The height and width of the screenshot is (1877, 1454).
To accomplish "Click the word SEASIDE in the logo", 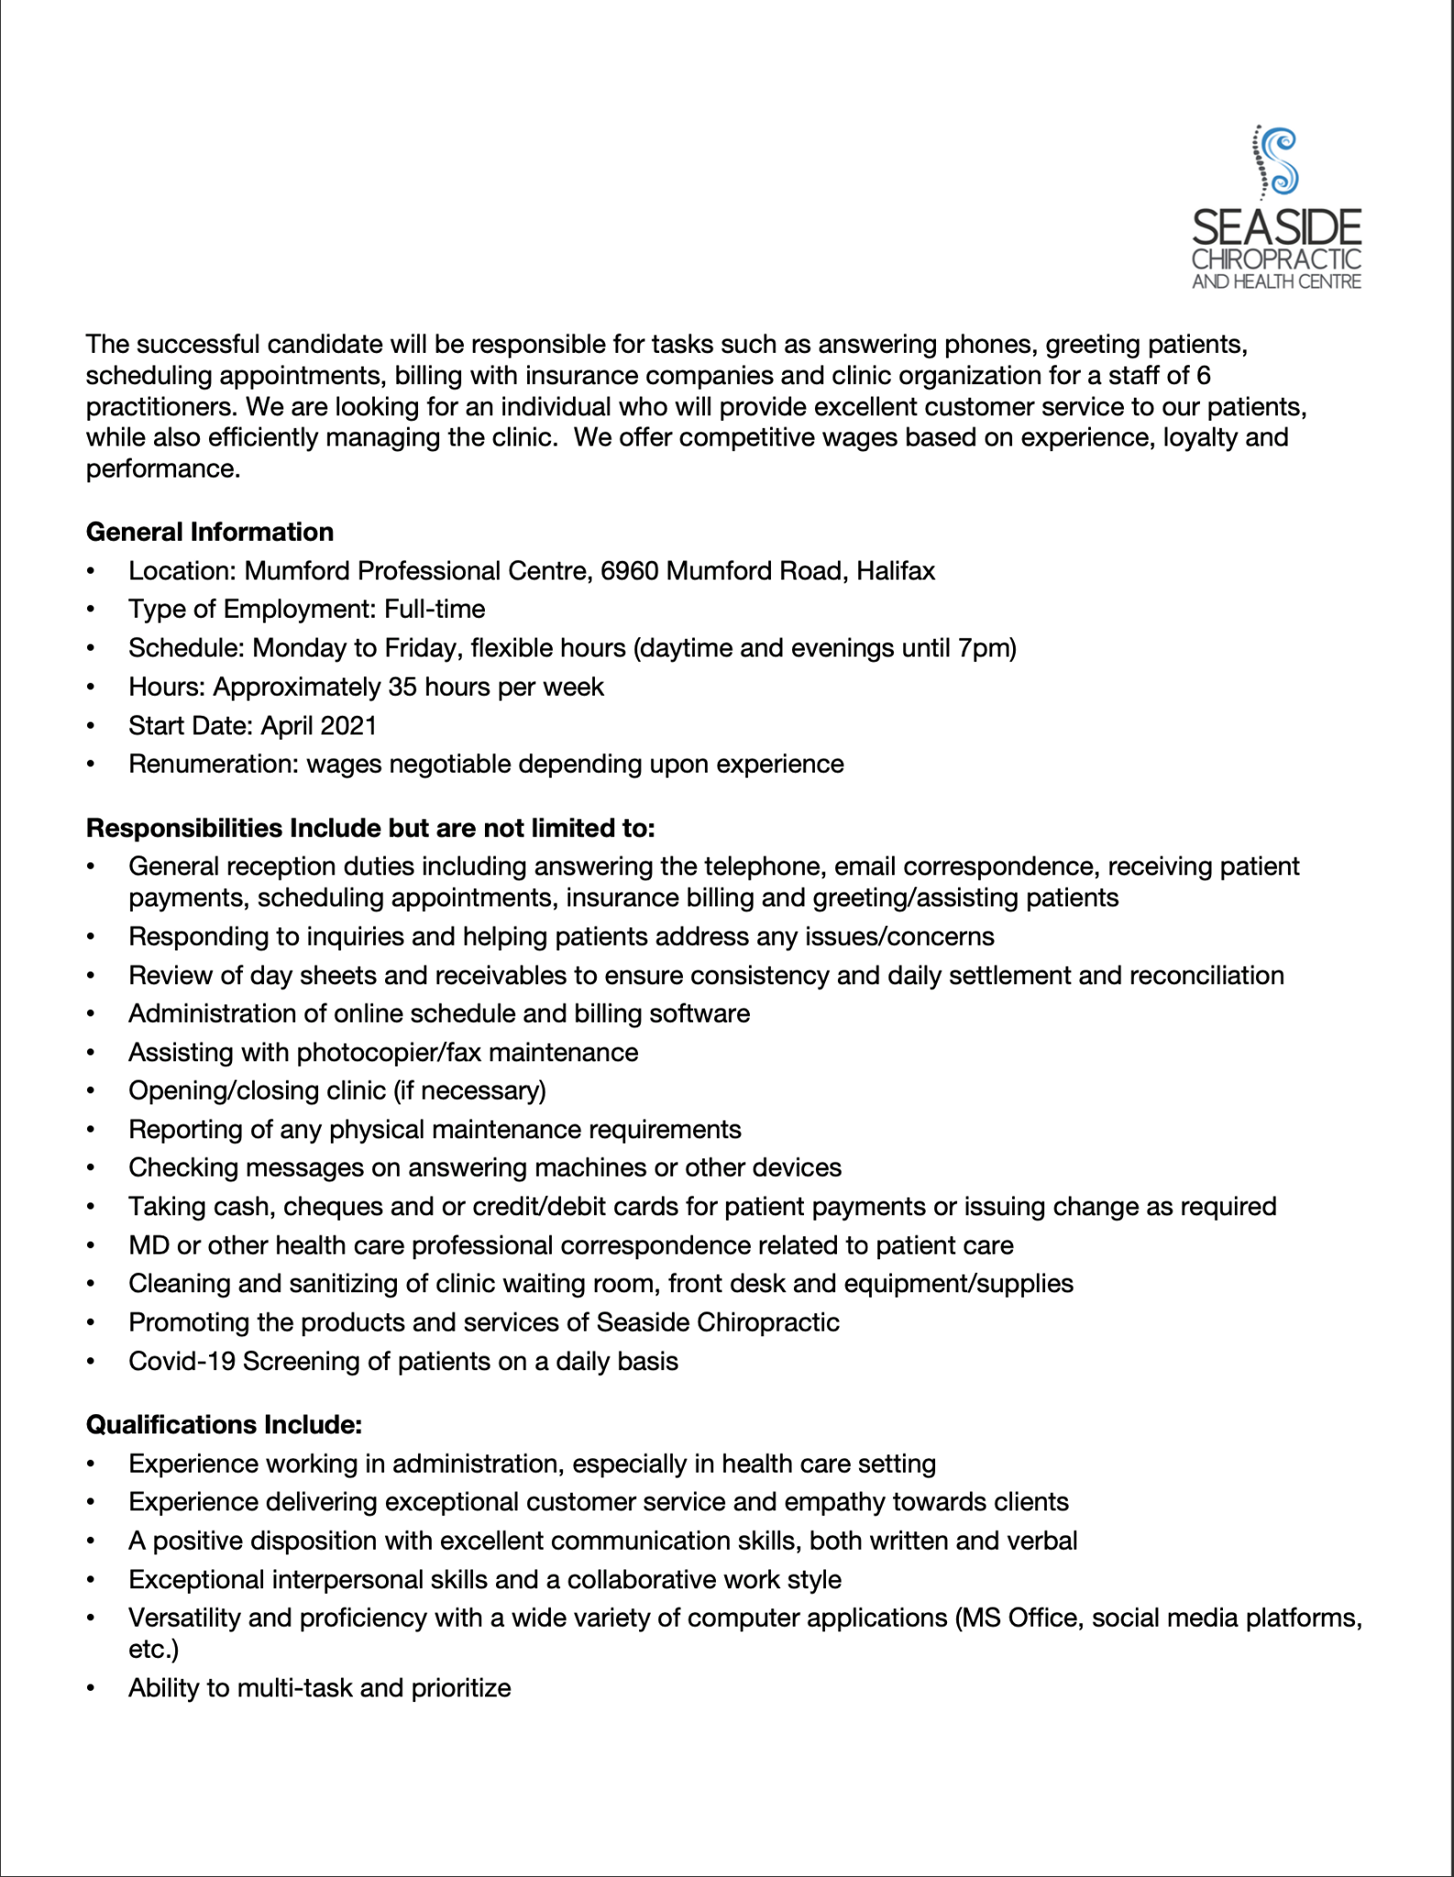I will click(1276, 227).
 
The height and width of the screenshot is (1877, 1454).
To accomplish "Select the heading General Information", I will click(210, 532).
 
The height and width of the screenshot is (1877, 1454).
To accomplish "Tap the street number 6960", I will click(630, 571).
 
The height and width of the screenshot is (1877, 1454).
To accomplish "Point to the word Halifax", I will click(896, 571).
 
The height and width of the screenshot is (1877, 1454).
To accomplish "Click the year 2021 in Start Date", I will click(348, 725).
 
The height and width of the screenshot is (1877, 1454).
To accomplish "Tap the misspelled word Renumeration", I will click(213, 763).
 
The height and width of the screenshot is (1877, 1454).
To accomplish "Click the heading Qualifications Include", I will click(225, 1424).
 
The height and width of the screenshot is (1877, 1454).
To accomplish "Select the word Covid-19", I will click(182, 1361).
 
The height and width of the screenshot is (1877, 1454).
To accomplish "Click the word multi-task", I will click(294, 1687).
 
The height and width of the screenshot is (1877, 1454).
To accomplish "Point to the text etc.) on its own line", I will click(154, 1649).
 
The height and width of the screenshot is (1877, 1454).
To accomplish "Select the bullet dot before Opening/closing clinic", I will click(91, 1091).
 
